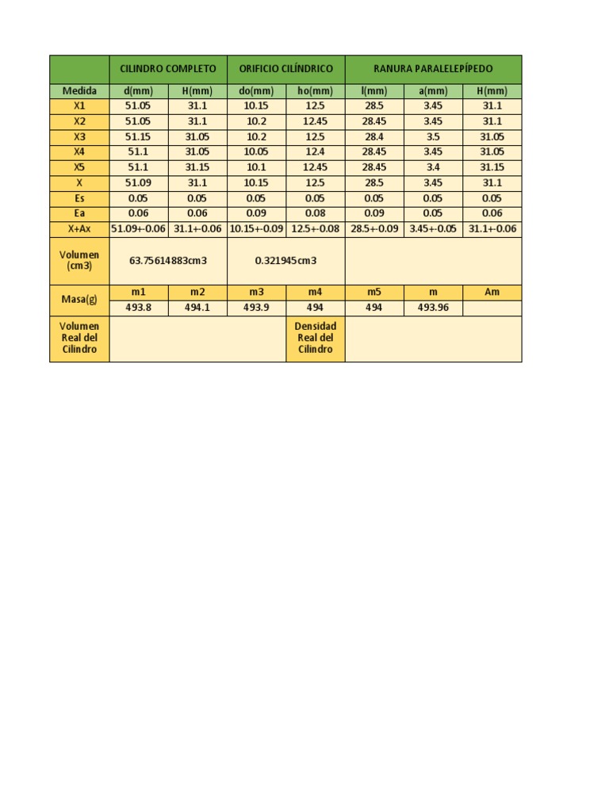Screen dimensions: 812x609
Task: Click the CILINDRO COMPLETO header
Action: tap(168, 69)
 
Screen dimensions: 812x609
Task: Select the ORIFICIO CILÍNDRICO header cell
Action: tap(285, 69)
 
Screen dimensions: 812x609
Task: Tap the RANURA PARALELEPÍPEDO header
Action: tap(433, 69)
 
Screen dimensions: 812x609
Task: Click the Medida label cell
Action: tap(79, 91)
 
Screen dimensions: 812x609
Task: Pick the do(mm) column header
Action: tap(256, 91)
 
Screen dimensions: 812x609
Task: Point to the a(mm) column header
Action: tap(433, 91)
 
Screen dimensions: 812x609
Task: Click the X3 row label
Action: tap(79, 137)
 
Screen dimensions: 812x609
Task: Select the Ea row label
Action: tap(79, 213)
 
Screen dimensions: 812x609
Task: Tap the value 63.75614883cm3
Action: tap(168, 260)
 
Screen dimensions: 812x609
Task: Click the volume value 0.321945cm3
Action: tap(285, 260)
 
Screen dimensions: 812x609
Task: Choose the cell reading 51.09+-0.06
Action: tap(139, 229)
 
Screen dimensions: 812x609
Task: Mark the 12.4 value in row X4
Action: tap(315, 152)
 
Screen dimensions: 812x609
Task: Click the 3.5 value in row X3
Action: tap(433, 137)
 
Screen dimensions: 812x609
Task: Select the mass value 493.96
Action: tap(433, 308)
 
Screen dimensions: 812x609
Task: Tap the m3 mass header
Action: tap(256, 292)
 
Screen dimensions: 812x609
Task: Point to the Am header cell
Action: tap(492, 292)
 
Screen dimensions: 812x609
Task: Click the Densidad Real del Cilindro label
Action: tap(315, 338)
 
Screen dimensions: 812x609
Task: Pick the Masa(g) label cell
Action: tap(79, 300)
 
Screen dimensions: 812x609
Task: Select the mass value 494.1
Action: tap(197, 308)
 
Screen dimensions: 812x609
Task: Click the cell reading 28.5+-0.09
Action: tap(374, 229)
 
